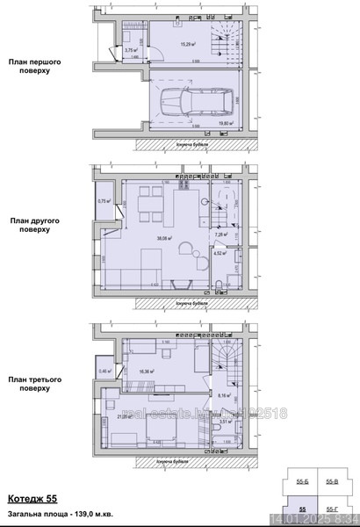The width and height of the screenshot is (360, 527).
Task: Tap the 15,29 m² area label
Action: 188,41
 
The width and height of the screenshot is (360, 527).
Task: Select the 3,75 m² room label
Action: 130,51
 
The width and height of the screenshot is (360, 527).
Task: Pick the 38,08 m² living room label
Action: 164,237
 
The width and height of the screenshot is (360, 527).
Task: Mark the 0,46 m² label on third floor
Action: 105,372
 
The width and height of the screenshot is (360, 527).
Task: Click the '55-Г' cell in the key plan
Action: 333,509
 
